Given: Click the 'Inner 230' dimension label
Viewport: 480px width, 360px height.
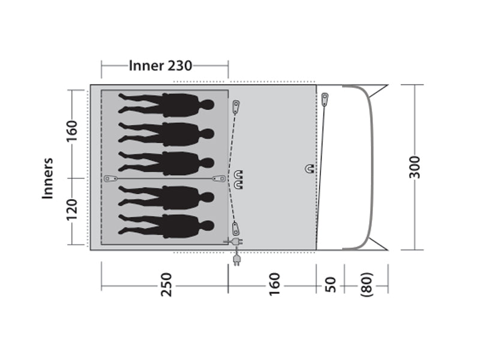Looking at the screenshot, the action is click(x=160, y=65).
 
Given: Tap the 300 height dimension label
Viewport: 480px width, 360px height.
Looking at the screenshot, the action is click(x=415, y=167).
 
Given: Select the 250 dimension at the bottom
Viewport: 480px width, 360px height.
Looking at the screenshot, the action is click(x=167, y=284).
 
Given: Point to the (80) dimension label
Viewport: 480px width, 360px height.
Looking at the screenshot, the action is click(x=367, y=284).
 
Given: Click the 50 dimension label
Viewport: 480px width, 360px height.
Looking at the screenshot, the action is click(x=331, y=284).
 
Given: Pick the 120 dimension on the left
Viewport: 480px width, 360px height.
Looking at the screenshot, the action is click(x=72, y=209).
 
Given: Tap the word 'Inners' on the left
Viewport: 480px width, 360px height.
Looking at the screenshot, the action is click(x=48, y=178).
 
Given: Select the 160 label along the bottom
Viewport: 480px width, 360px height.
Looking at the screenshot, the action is click(x=274, y=284).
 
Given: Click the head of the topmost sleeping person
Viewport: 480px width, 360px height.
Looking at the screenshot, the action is click(x=207, y=106).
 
